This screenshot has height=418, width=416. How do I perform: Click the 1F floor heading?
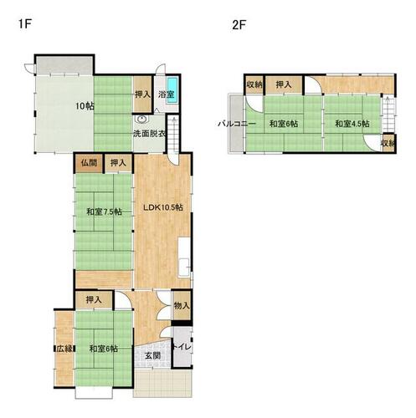(x=24, y=23)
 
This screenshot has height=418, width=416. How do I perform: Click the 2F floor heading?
(x=239, y=25)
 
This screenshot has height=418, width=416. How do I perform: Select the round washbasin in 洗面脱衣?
(x=141, y=120)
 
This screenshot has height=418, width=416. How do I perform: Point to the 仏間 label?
(x=89, y=163)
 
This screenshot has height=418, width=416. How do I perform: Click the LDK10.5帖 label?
(x=163, y=207)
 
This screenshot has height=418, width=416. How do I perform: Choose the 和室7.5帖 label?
(x=104, y=212)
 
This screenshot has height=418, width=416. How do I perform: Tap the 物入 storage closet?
(x=182, y=306)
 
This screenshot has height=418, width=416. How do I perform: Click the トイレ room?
(x=182, y=347)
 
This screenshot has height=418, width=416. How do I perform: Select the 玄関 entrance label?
(x=153, y=355)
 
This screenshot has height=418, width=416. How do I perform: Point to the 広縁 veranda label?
(x=64, y=349)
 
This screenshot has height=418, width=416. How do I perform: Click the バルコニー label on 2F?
(x=237, y=124)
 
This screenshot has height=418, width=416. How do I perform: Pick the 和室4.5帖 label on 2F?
(x=352, y=124)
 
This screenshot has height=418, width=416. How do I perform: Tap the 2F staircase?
(x=388, y=114)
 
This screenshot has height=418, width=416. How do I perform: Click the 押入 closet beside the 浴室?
(x=142, y=94)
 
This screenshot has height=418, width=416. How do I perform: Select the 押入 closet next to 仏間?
(x=118, y=163)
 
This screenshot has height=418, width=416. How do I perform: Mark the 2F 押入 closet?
(x=284, y=84)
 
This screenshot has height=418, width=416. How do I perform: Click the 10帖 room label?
(x=85, y=106)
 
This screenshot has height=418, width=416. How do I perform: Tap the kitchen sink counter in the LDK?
(x=184, y=257)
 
